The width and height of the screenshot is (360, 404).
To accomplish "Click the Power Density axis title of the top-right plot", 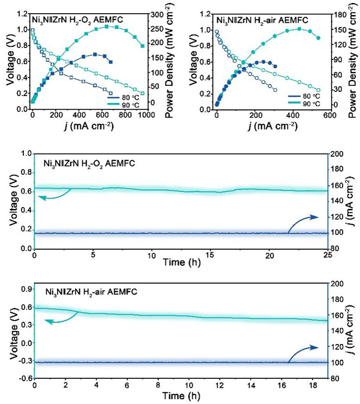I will (x=355, y=60).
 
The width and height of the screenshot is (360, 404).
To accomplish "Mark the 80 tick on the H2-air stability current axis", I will (x=338, y=378).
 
